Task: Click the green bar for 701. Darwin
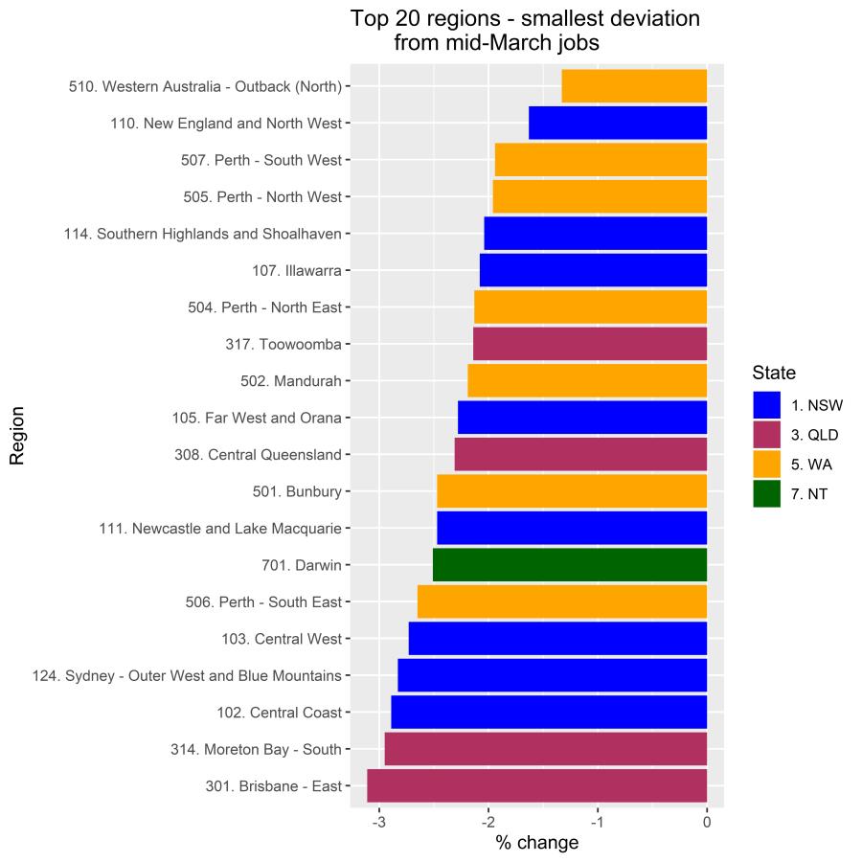coord(570,565)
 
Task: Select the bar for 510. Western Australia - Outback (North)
coord(634,86)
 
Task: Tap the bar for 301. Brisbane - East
coord(536,786)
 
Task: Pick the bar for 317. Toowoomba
coord(590,344)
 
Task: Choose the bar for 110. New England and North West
coord(618,123)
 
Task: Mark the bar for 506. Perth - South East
coord(562,601)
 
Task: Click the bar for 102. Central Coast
coord(549,713)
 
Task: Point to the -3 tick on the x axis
coord(379,821)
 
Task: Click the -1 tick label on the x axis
coord(598,821)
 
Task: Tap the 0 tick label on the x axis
coord(707,821)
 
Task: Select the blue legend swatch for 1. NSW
coord(766,404)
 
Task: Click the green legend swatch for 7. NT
coord(766,493)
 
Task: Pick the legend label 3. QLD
coord(814,434)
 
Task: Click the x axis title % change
coord(536,843)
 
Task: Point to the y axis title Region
coord(17,436)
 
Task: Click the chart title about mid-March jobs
coord(525,31)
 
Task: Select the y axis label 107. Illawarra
coord(297,271)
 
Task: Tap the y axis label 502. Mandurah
coord(291,381)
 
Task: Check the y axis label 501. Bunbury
coord(297,492)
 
